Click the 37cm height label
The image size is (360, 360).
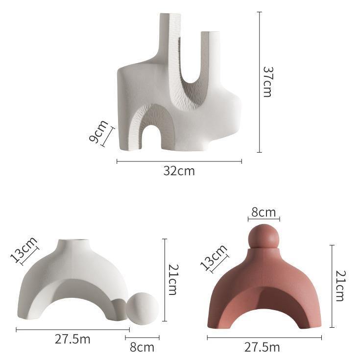point(267,82)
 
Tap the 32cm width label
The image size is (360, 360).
point(179,171)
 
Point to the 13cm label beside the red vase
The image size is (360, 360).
point(214,257)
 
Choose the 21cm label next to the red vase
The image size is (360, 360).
point(341,285)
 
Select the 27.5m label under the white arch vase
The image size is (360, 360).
point(72,339)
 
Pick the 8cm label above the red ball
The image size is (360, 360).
point(264,212)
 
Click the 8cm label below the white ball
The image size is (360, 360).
point(142,347)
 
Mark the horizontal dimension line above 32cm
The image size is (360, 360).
point(179,161)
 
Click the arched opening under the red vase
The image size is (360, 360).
point(264,308)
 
